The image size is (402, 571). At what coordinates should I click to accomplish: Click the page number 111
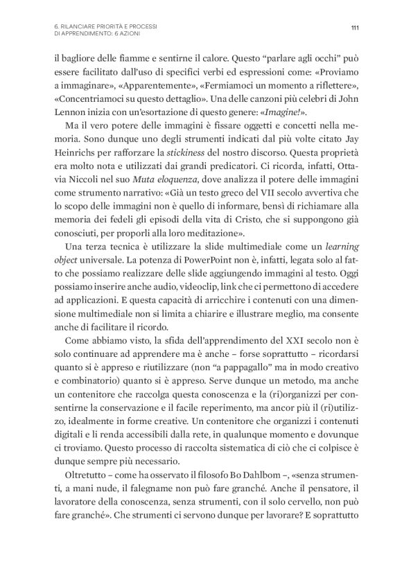click(x=354, y=28)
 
